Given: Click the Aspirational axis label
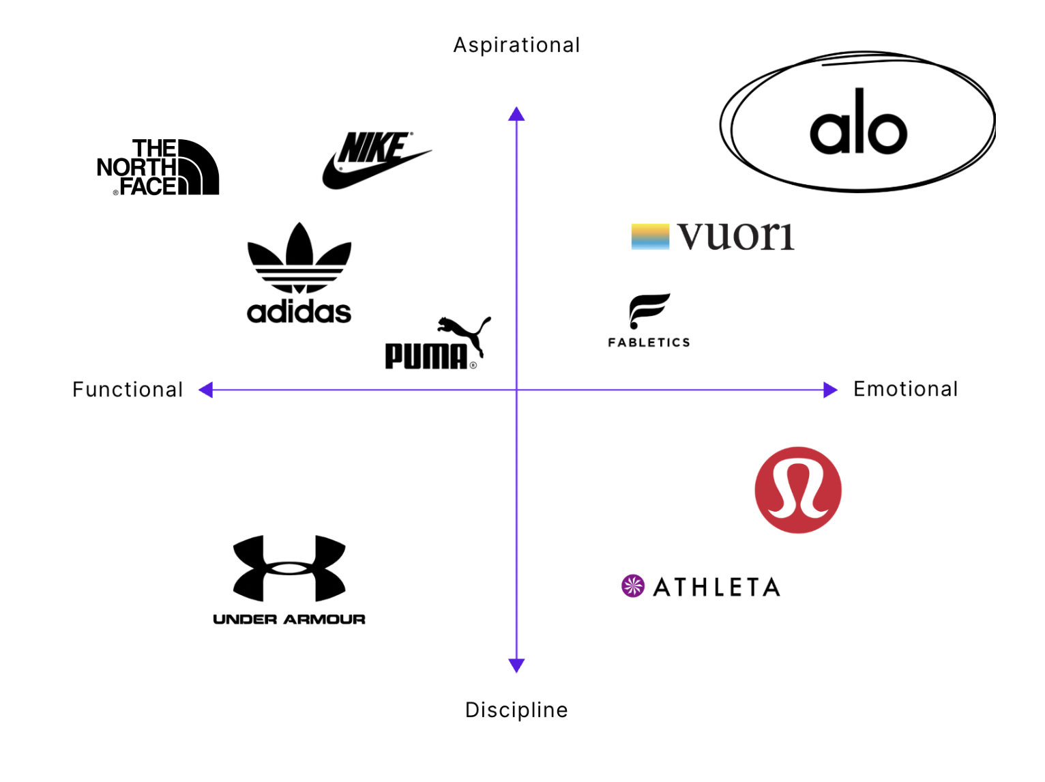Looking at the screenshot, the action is pos(516,45).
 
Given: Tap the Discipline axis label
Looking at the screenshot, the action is pos(516,710).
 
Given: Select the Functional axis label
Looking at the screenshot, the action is pos(128,390).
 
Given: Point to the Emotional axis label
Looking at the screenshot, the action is pos(905,389).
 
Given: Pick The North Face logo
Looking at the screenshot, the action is pos(158,168).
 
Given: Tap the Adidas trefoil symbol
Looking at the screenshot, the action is pos(299,258).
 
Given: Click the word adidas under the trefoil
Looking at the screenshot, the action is pos(299,312).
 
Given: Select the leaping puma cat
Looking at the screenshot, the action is pos(466,332).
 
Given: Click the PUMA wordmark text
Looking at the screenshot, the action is pos(426,356).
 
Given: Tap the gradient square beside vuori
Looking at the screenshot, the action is pos(650,237).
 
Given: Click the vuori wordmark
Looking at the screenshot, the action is pos(736,236).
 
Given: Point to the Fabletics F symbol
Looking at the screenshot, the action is pos(649,310).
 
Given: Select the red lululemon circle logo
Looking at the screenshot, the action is pos(798,490).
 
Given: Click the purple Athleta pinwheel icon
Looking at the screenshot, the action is pos(633,585).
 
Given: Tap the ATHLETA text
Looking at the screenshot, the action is pos(716,587).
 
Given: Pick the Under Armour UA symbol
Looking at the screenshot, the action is pos(289,568).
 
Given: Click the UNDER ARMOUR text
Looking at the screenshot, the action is pos(289,619).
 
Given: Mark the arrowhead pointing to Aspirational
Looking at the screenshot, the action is pos(516,114).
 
